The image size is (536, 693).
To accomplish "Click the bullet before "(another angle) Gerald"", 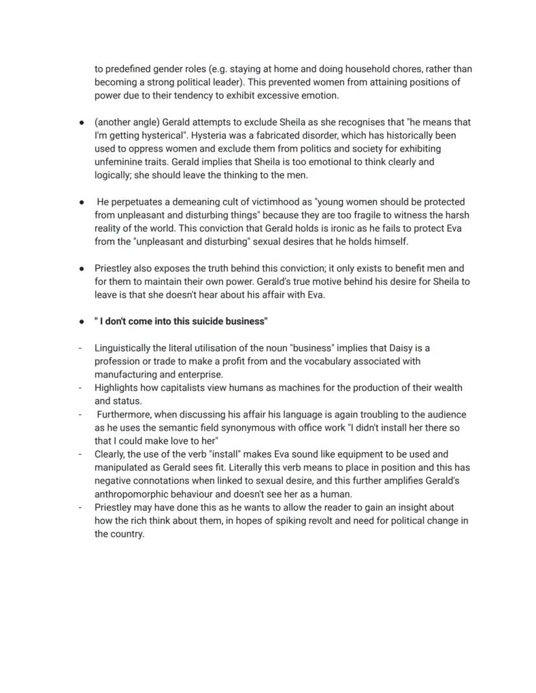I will [x=82, y=122].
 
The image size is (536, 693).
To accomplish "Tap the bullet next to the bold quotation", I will [x=82, y=322].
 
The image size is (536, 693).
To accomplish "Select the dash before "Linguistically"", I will [x=80, y=348].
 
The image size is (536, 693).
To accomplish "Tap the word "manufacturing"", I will [x=126, y=375].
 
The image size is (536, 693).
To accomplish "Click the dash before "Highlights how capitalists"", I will [x=80, y=388].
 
